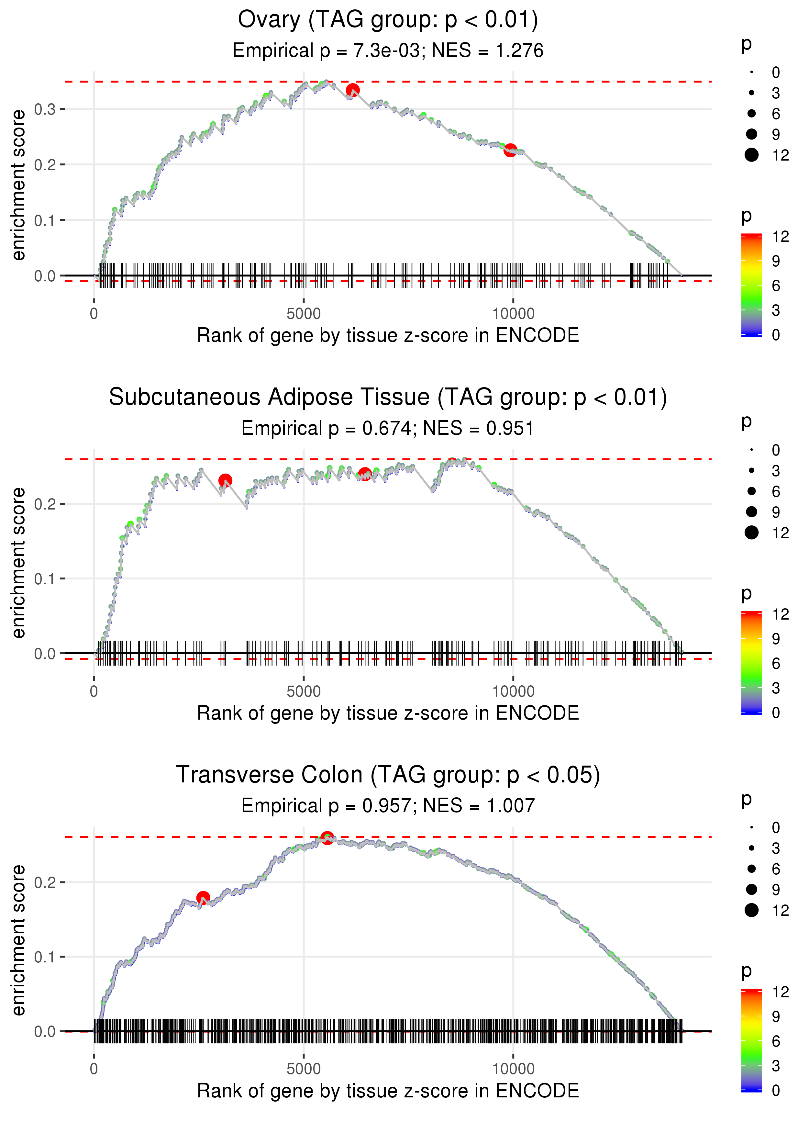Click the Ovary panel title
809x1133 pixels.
point(388,20)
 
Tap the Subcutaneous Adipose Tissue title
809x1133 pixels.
point(388,398)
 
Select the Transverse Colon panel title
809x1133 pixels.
point(388,775)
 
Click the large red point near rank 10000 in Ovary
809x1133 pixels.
point(510,150)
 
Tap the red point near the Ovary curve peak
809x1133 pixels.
point(353,90)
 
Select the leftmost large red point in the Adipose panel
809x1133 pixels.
point(225,480)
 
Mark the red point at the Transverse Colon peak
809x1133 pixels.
point(327,837)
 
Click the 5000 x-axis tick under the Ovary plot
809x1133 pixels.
point(304,314)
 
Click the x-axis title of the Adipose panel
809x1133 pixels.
point(388,713)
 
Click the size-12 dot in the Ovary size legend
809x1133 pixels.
point(751,155)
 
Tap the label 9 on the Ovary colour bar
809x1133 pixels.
point(776,261)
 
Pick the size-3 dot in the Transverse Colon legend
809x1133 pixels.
point(751,848)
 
